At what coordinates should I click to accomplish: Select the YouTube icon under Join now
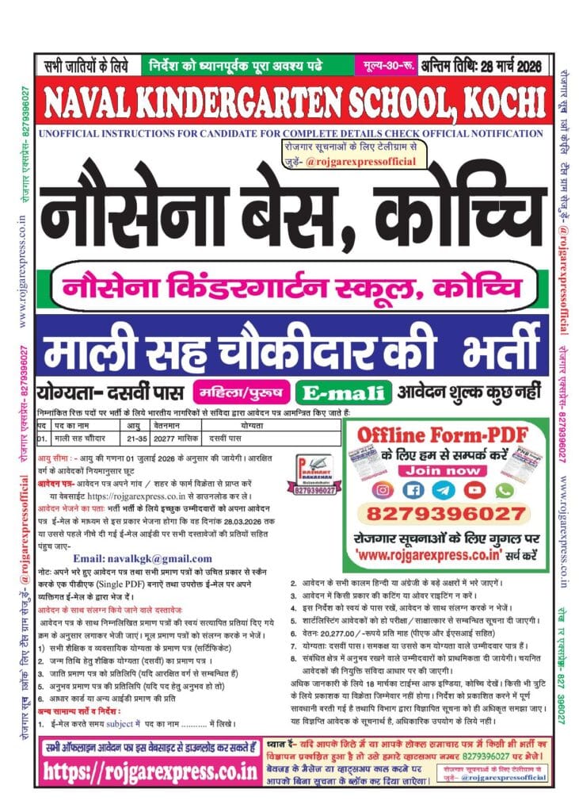475,492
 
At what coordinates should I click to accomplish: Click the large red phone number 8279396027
448,515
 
